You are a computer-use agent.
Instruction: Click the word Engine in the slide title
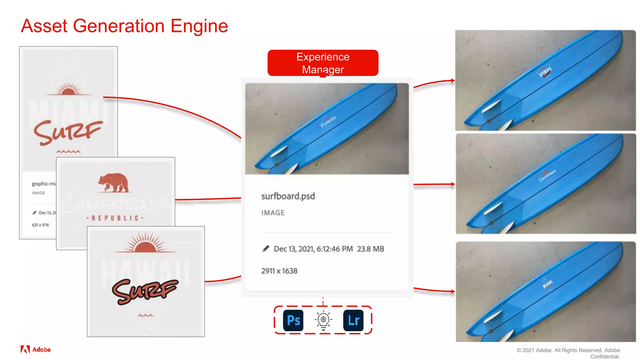[x=199, y=26]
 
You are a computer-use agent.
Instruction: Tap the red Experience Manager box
[x=323, y=63]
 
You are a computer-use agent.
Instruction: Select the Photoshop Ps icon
[x=293, y=320]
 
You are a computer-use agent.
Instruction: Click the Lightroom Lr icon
[x=353, y=320]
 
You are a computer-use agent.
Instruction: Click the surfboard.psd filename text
[x=288, y=196]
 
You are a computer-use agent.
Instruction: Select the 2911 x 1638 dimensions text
[x=279, y=271]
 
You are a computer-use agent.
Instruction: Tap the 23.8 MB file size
[x=370, y=249]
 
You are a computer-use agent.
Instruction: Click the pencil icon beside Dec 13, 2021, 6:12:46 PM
[x=266, y=249]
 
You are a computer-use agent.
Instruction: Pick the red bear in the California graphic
[x=113, y=182]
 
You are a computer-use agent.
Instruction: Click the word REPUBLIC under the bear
[x=115, y=218]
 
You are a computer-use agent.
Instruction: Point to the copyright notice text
[x=568, y=353]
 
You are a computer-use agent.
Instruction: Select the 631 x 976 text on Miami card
[x=40, y=225]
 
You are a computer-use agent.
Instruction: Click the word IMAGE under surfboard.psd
[x=273, y=213]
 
